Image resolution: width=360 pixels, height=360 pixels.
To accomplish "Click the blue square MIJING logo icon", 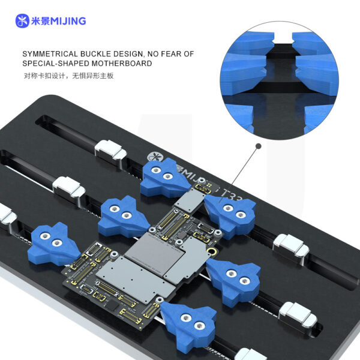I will pyautogui.click(x=22, y=21).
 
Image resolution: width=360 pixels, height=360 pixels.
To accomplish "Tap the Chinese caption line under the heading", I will pyautogui.click(x=68, y=76).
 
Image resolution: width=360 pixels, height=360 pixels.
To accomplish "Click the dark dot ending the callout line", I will pyautogui.click(x=259, y=146).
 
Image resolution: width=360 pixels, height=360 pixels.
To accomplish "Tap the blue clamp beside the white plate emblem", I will pyautogui.click(x=166, y=178).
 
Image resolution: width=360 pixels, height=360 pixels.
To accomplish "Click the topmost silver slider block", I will pyautogui.click(x=110, y=150).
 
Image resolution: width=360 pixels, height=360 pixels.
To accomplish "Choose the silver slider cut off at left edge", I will pyautogui.click(x=6, y=214).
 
